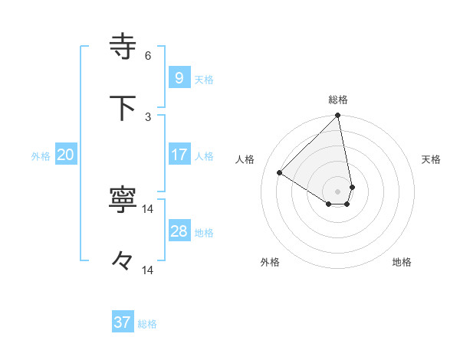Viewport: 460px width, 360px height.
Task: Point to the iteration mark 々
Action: tap(123, 261)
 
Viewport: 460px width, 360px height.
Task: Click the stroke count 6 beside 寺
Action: tap(148, 55)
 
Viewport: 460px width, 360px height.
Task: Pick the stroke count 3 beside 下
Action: tap(148, 116)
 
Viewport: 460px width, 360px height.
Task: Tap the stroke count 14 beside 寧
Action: tap(148, 208)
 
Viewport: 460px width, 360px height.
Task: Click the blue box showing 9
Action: tap(179, 77)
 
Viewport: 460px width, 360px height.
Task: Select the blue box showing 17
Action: tap(179, 154)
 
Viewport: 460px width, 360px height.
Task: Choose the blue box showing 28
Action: tap(179, 231)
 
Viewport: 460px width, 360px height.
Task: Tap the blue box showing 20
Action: tap(65, 155)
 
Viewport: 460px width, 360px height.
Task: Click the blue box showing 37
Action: tap(122, 322)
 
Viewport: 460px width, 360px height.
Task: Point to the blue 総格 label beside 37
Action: tap(147, 324)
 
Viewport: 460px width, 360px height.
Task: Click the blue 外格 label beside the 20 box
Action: tap(41, 156)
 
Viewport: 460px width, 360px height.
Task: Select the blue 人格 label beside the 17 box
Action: tap(204, 156)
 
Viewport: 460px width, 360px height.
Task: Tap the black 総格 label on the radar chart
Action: tap(338, 100)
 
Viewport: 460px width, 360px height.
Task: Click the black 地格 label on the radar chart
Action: tap(402, 262)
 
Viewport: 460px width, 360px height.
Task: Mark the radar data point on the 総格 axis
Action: tap(337, 116)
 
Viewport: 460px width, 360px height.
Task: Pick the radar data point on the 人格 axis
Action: tap(280, 173)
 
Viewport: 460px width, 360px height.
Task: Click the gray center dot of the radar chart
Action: tap(337, 191)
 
